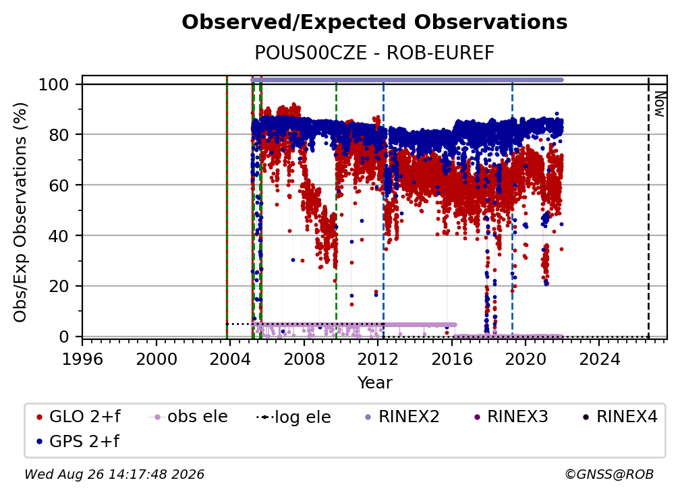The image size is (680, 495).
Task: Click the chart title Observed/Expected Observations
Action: pyautogui.click(x=374, y=22)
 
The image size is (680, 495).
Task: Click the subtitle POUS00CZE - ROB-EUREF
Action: pyautogui.click(x=374, y=53)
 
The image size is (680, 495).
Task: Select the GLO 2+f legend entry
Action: pyautogui.click(x=78, y=417)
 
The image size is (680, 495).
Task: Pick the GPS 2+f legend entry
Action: pyautogui.click(x=78, y=441)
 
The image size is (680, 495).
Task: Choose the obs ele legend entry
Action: pyautogui.click(x=188, y=417)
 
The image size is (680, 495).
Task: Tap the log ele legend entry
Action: pyautogui.click(x=293, y=417)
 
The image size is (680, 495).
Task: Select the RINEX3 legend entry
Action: pyautogui.click(x=511, y=417)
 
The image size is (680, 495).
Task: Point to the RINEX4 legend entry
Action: pyautogui.click(x=620, y=417)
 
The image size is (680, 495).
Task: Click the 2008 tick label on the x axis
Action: pyautogui.click(x=304, y=359)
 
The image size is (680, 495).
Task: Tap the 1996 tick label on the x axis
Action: pyautogui.click(x=82, y=359)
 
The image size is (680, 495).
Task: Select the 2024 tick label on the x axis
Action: pyautogui.click(x=599, y=359)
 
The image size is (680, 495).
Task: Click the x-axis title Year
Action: pyautogui.click(x=374, y=383)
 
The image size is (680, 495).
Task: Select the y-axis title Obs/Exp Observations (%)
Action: pyautogui.click(x=20, y=212)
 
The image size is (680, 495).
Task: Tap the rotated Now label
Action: pyautogui.click(x=660, y=104)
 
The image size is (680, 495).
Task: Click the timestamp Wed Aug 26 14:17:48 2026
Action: pyautogui.click(x=114, y=474)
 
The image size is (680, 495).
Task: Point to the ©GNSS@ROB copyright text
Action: pyautogui.click(x=609, y=474)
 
